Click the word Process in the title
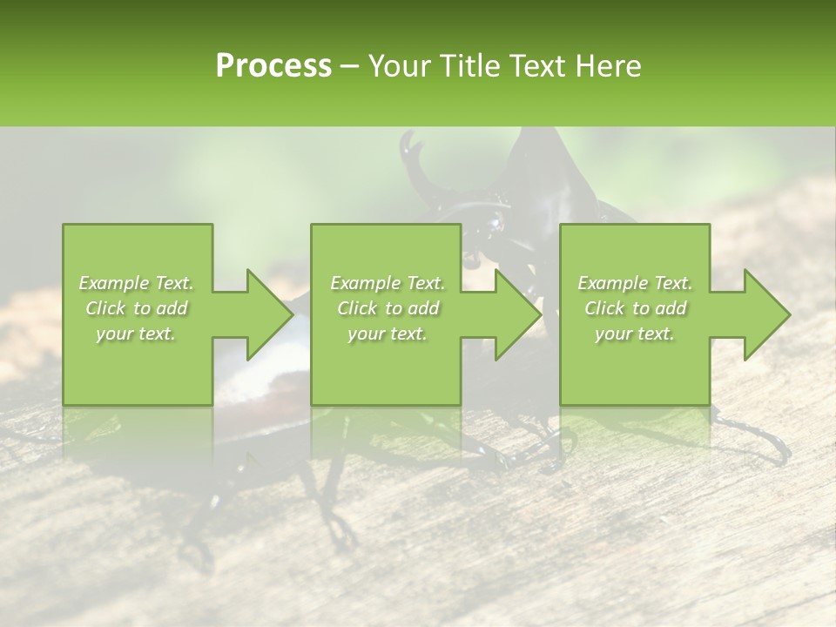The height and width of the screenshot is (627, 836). tap(273, 65)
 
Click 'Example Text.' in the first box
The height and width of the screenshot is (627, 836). tap(136, 283)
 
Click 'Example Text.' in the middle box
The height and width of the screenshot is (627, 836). tap(388, 283)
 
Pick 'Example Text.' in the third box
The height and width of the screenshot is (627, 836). tap(635, 283)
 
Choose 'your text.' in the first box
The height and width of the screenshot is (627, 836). tap(136, 334)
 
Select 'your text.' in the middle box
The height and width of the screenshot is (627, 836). tap(388, 334)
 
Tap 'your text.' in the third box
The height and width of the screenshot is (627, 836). tap(635, 334)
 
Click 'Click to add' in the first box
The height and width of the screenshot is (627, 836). tap(136, 308)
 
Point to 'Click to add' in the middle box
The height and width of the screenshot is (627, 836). tap(388, 308)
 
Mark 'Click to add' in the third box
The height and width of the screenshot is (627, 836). tap(635, 308)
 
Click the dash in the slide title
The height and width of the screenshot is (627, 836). tap(349, 66)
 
